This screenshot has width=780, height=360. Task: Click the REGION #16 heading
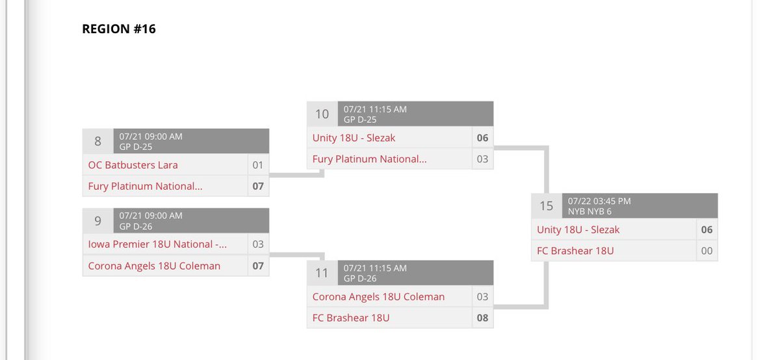119,29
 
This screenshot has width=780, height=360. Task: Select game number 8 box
98,141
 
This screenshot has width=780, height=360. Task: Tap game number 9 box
98,220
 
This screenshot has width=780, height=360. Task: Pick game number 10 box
322,114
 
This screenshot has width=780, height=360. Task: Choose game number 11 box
322,273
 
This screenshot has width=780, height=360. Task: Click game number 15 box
547,205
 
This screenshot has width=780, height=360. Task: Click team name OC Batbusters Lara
133,165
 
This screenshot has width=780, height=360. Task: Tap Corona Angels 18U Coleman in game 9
154,266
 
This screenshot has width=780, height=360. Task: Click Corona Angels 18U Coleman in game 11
378,297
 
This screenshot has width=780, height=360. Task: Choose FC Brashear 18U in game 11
351,318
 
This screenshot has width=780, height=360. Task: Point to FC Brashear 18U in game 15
575,251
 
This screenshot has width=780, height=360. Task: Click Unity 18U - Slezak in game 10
354,138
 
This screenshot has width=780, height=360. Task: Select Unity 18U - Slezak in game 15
578,229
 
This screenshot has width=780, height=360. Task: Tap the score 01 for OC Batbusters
258,165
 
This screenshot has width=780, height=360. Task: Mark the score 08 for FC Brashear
482,318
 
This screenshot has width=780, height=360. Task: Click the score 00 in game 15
707,251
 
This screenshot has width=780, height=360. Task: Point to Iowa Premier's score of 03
258,244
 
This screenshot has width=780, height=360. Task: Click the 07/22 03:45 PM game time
599,201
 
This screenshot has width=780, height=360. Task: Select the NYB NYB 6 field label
590,211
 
